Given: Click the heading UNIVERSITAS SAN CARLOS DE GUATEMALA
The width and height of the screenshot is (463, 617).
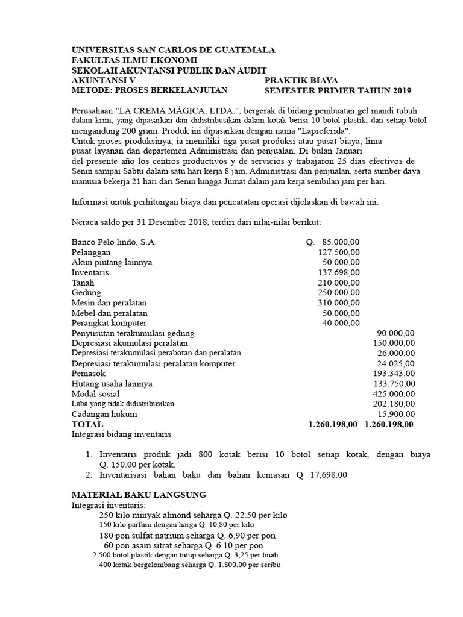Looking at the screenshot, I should [173, 50].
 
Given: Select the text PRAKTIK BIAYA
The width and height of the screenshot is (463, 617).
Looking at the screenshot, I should [301, 80].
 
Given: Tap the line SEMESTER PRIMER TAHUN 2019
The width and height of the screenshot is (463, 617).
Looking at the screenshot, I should [338, 91].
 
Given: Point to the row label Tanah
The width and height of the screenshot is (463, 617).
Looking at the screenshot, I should [83, 283].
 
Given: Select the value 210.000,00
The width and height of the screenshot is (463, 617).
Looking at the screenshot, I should [339, 283].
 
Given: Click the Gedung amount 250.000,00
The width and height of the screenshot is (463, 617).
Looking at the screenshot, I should [339, 293].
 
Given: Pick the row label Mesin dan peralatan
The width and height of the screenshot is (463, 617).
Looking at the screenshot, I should [109, 302].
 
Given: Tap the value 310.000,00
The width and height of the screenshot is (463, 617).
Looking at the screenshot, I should [339, 302].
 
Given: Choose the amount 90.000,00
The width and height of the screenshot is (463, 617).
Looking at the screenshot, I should [396, 333].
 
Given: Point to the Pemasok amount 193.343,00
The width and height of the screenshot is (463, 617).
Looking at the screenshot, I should [394, 374].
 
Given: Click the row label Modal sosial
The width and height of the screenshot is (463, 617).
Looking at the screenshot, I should [95, 394].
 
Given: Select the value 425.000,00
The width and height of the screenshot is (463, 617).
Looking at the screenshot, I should [394, 394].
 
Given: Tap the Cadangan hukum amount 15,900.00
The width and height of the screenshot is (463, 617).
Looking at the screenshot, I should [396, 414].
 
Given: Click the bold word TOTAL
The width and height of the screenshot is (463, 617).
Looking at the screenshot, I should [87, 424].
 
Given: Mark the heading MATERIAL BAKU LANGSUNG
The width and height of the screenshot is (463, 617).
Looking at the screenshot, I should [139, 495].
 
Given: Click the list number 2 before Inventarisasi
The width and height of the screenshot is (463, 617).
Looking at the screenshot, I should [88, 475].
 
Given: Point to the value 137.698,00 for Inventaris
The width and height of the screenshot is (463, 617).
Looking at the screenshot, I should [339, 272].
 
